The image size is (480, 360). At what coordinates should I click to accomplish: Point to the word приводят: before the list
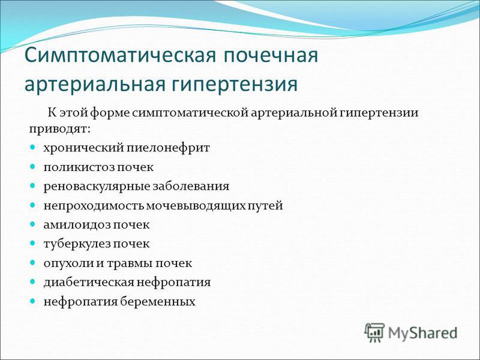pyautogui.click(x=60, y=129)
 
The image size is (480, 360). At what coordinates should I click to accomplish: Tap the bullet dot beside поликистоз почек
pyautogui.click(x=32, y=167)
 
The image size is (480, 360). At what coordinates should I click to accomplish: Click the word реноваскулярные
pyautogui.click(x=97, y=187)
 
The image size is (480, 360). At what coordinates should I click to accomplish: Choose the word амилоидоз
pyautogui.click(x=77, y=225)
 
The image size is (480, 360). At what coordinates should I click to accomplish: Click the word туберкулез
pyautogui.click(x=77, y=244)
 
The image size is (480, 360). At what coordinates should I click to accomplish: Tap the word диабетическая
pyautogui.click(x=89, y=283)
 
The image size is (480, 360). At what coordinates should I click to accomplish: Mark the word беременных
pyautogui.click(x=158, y=302)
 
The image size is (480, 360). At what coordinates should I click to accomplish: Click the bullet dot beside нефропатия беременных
pyautogui.click(x=32, y=301)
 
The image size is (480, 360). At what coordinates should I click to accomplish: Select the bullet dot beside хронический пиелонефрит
pyautogui.click(x=32, y=148)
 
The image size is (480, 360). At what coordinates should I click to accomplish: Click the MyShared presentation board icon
pyautogui.click(x=374, y=332)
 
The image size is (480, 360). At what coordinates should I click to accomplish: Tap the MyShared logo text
pyautogui.click(x=423, y=333)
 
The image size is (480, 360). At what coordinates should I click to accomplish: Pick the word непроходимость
pyautogui.click(x=94, y=206)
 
